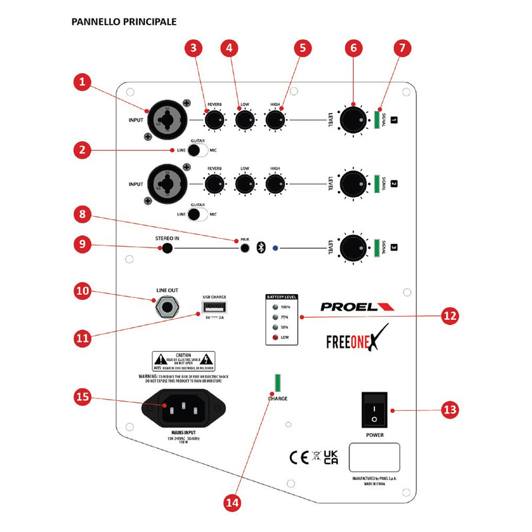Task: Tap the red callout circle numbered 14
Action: click(x=232, y=503)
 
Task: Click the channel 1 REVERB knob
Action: click(x=214, y=120)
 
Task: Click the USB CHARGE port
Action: click(x=212, y=308)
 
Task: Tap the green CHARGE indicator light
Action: click(x=278, y=384)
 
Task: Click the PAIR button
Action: click(x=246, y=248)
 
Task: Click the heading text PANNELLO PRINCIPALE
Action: click(x=124, y=21)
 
